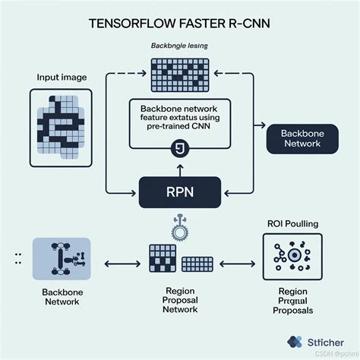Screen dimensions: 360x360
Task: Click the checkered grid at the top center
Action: click(179, 75)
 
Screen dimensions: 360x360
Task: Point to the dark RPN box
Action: click(180, 192)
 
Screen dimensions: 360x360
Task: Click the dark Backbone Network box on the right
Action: click(302, 140)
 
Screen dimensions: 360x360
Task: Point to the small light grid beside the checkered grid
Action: click(197, 264)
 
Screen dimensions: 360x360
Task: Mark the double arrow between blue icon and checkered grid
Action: click(117, 264)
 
